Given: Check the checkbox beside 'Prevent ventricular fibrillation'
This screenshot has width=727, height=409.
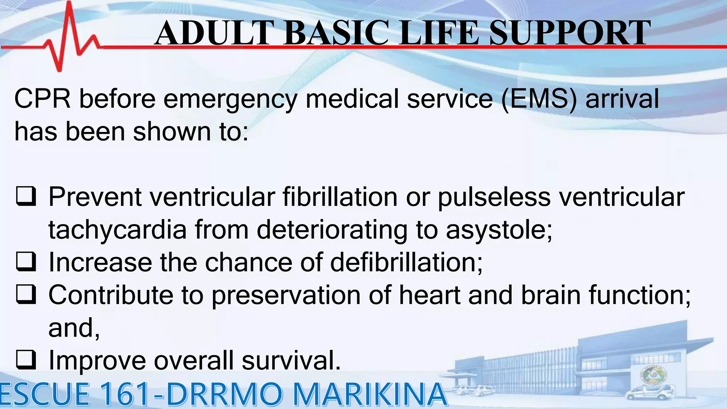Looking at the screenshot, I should pyautogui.click(x=26, y=196).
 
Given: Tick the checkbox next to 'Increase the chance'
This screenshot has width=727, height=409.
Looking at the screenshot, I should pyautogui.click(x=26, y=262).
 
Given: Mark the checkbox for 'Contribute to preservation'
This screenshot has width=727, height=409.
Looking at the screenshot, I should pyautogui.click(x=26, y=295).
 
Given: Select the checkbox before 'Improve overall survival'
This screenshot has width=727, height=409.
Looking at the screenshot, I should pyautogui.click(x=26, y=360).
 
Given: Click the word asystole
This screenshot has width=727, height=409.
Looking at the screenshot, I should pyautogui.click(x=499, y=230).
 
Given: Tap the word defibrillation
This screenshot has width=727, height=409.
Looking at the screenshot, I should pyautogui.click(x=406, y=262).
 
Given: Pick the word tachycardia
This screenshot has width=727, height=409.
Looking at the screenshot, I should pyautogui.click(x=117, y=230).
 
